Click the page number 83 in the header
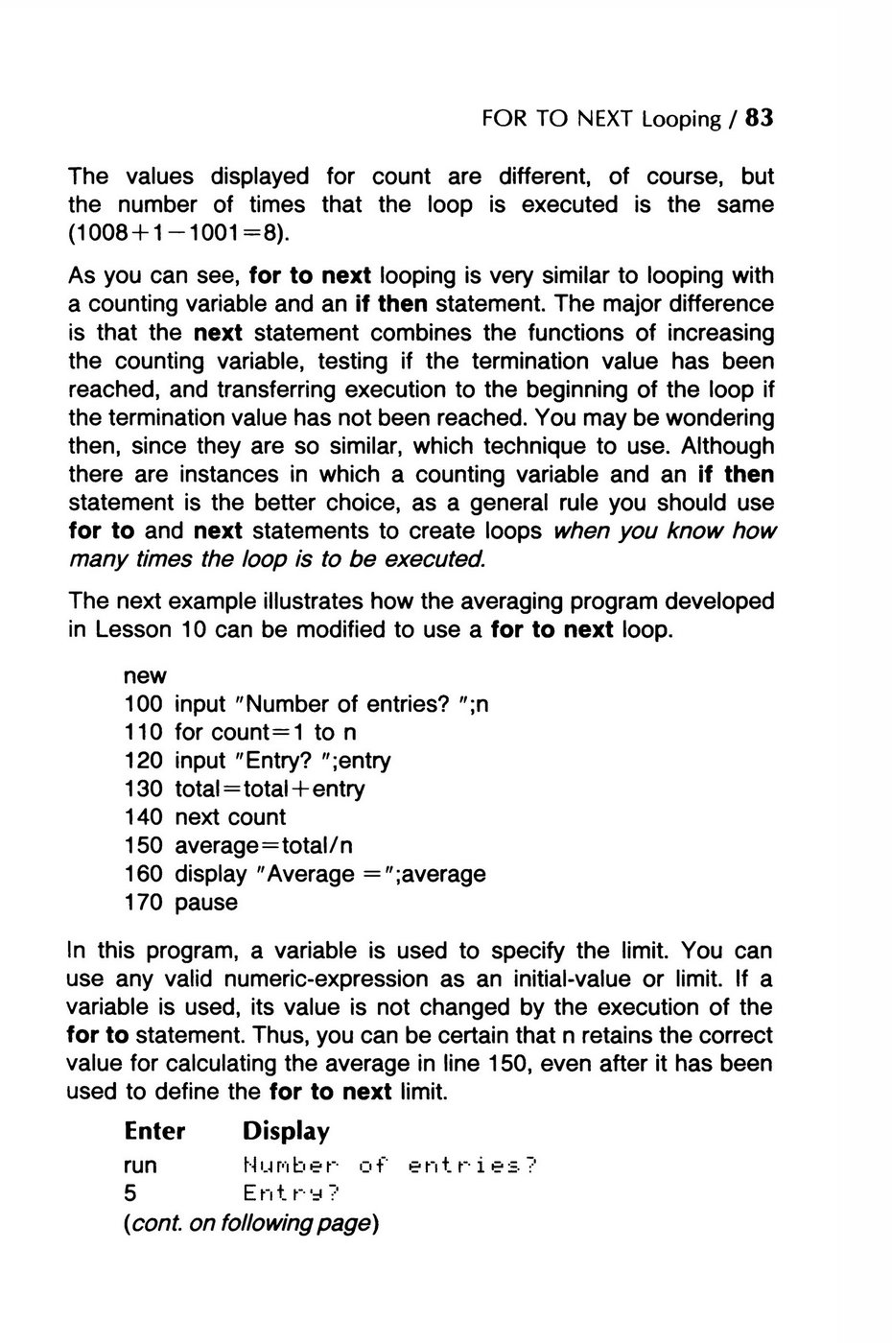758,118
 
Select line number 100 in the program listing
143,704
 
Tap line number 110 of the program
143,733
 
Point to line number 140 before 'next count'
143,817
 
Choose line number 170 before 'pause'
143,903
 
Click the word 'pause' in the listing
206,903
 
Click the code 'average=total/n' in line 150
264,846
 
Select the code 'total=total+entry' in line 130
270,789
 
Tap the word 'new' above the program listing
145,676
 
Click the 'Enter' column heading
154,1132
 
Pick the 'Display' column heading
286,1132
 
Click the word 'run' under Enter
141,1166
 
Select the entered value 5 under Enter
130,1194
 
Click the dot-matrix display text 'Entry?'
292,1194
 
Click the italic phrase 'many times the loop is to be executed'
278,560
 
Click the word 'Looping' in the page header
681,119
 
